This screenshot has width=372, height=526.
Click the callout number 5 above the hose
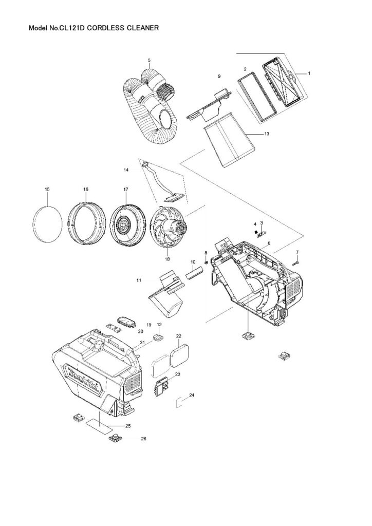[149, 60]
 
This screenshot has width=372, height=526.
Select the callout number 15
[47, 190]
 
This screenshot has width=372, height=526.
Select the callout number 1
[310, 73]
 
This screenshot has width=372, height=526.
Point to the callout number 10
[193, 262]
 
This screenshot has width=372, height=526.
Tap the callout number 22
[179, 336]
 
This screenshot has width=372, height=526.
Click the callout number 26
[143, 439]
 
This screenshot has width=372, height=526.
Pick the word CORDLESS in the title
[105, 29]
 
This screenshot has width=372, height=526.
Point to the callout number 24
[192, 395]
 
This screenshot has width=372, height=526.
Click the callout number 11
[139, 280]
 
